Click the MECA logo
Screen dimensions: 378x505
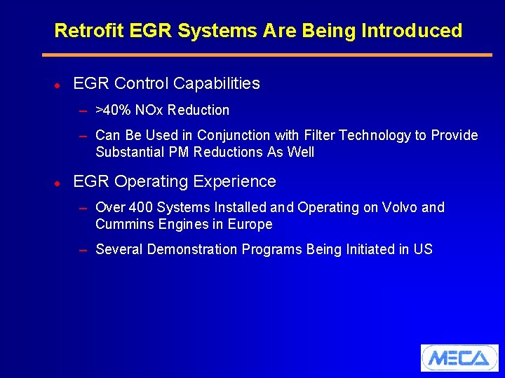(x=459, y=358)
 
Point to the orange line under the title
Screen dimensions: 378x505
(x=267, y=55)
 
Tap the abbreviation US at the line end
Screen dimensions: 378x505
(x=423, y=249)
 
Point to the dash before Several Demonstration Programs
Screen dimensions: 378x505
(x=83, y=250)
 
